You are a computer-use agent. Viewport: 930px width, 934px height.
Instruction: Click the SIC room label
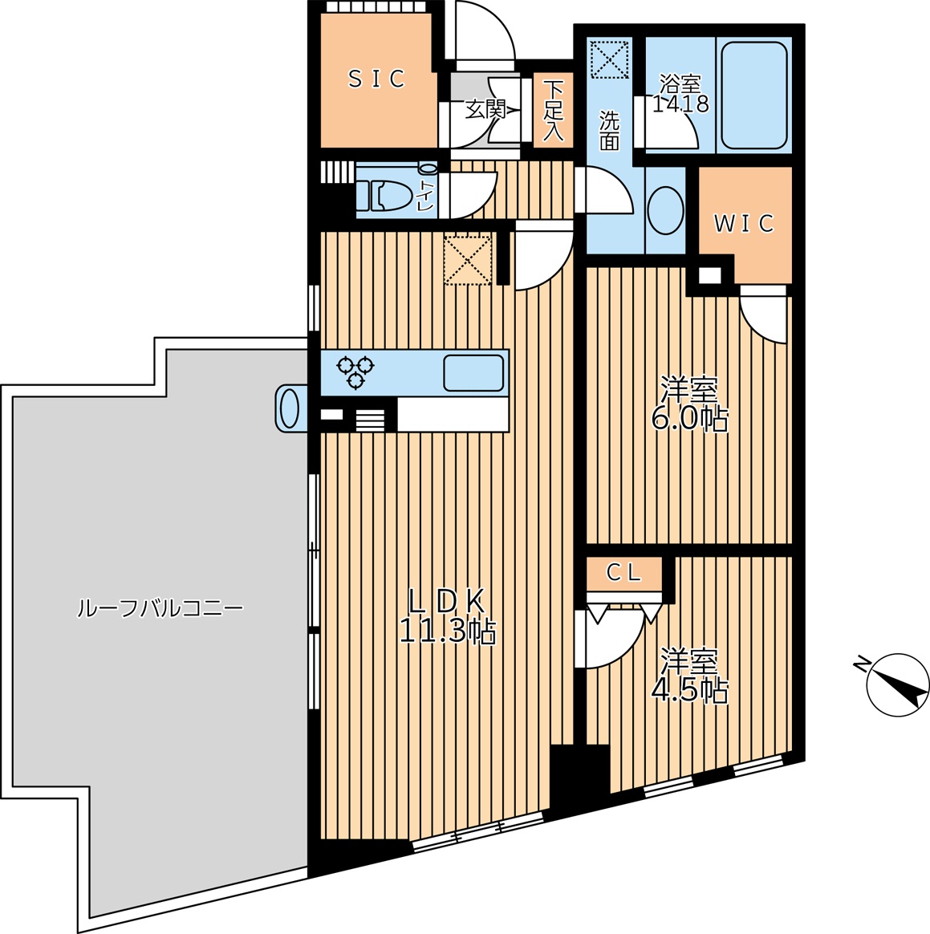click(x=376, y=79)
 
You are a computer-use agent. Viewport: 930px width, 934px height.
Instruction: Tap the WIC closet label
click(x=744, y=223)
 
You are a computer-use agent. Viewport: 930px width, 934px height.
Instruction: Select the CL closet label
click(x=623, y=573)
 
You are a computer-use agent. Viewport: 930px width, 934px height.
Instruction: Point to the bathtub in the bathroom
click(x=754, y=95)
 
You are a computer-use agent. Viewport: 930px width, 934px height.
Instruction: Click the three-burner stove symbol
click(x=355, y=372)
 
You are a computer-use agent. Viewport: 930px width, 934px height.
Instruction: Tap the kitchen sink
click(x=473, y=373)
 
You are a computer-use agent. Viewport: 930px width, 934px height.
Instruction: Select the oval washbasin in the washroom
click(x=665, y=211)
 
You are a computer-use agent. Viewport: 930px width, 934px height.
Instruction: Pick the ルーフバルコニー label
click(x=160, y=608)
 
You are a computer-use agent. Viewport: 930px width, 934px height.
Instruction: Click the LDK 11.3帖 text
click(x=447, y=616)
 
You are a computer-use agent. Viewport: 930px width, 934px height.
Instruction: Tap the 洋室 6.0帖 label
click(x=689, y=404)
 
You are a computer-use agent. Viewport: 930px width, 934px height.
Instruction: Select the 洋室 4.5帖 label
click(x=689, y=676)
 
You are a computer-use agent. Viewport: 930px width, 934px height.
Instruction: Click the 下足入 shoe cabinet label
click(x=554, y=111)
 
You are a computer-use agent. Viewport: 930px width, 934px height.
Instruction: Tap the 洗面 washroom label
click(x=609, y=131)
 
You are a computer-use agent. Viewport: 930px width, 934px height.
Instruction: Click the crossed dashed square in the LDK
click(x=468, y=260)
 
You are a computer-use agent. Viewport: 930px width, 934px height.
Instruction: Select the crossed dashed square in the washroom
click(x=610, y=59)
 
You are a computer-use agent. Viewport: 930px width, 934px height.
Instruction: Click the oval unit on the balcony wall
click(x=289, y=408)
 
